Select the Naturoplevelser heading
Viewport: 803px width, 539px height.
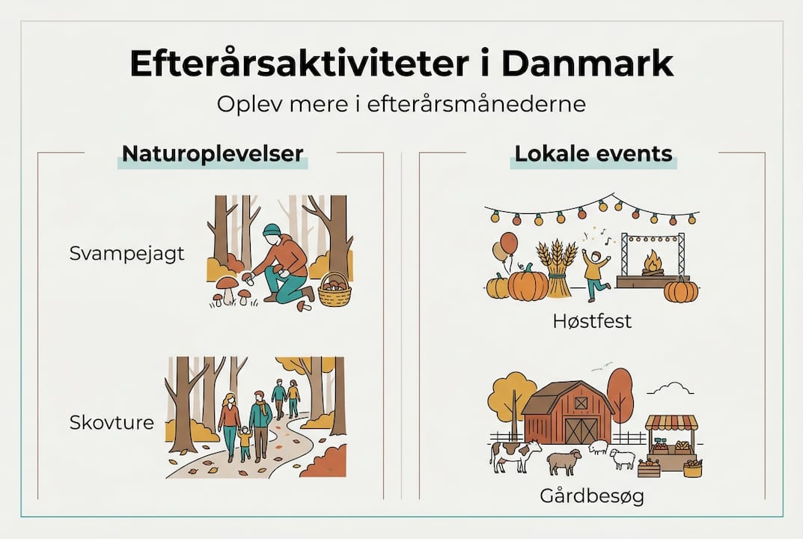point(213,154)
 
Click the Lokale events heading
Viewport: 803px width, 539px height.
point(593,154)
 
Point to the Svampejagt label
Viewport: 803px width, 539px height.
point(126,253)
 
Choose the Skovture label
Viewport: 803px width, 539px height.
point(112,422)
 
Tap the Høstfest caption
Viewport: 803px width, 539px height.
point(592,321)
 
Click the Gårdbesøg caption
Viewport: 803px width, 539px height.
point(591,496)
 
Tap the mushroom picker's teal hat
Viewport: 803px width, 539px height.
point(272,231)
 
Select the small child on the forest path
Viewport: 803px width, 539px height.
point(245,442)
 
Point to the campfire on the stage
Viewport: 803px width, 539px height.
point(653,263)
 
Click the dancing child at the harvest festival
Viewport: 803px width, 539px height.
point(594,273)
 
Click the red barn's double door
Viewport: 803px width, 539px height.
point(581,430)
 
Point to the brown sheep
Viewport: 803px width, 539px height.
point(563,461)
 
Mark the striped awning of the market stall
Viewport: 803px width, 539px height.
point(671,423)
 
